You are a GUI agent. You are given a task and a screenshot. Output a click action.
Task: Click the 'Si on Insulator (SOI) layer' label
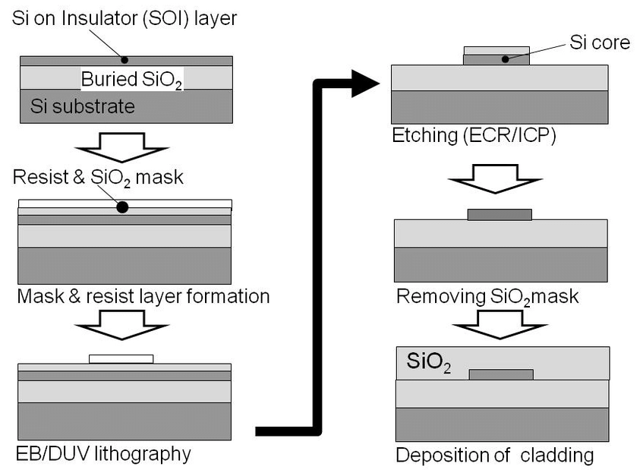click(x=125, y=19)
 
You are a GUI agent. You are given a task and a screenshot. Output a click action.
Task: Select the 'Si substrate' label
click(x=83, y=106)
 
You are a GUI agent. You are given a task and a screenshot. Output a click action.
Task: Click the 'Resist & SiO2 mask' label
click(x=99, y=178)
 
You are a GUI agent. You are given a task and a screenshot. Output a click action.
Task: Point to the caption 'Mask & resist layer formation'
click(x=143, y=295)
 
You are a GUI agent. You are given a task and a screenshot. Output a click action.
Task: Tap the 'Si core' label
click(x=600, y=43)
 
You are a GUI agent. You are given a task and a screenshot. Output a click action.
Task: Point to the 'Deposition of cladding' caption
click(x=494, y=456)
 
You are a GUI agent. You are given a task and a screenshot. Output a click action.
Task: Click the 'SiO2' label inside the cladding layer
click(x=429, y=361)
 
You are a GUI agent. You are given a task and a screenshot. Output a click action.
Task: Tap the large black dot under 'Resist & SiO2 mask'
click(x=122, y=207)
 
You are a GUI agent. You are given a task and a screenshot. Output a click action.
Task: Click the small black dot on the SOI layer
click(x=125, y=59)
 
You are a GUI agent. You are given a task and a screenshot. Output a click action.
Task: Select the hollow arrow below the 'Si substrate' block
click(x=125, y=147)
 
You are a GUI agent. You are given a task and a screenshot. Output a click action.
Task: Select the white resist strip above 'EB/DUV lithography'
click(x=121, y=358)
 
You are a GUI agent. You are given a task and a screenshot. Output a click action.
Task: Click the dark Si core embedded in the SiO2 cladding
click(x=501, y=374)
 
